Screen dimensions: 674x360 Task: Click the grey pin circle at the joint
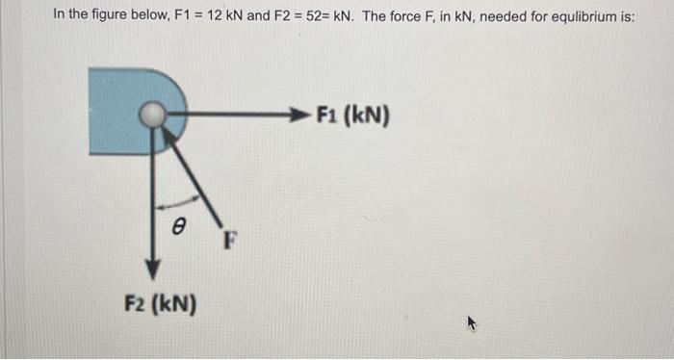pos(150,116)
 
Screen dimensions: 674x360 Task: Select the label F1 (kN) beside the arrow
pos(352,116)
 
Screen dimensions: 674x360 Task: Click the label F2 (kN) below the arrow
pos(161,305)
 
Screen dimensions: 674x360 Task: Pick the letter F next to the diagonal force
pos(229,238)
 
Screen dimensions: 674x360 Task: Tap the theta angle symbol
pos(176,226)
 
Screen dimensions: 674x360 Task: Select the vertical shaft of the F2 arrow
pos(151,193)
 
